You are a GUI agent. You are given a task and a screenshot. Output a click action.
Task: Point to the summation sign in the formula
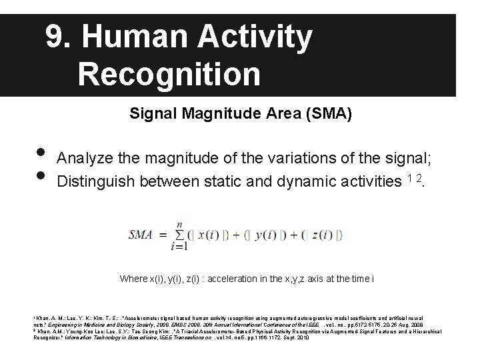tap(179, 235)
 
